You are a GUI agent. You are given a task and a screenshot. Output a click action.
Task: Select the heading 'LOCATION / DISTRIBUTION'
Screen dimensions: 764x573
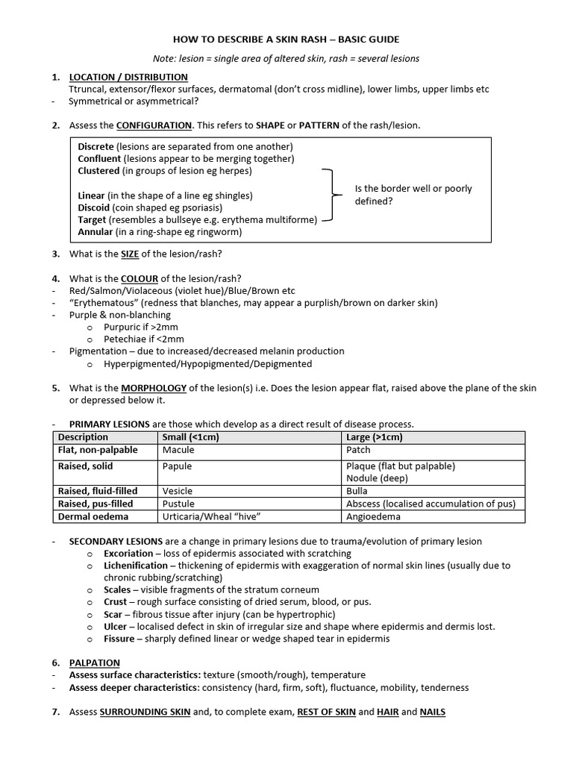tap(128, 77)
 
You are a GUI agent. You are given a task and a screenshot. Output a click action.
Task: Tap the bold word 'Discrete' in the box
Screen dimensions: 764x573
tap(96, 146)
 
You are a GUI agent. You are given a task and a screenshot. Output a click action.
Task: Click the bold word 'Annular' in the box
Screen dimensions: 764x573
tap(95, 231)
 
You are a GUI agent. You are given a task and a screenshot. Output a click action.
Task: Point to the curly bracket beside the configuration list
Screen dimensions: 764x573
tap(328, 195)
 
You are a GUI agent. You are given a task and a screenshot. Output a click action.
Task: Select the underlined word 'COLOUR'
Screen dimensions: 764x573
tap(140, 278)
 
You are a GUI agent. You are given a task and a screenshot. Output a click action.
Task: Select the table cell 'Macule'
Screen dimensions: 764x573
tap(178, 450)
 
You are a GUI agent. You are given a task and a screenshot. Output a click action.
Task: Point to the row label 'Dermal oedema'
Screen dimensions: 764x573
tap(93, 516)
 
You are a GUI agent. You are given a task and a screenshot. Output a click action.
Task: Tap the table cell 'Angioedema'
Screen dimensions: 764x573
tap(374, 516)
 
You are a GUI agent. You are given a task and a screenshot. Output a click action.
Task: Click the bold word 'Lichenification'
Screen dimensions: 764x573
tap(136, 566)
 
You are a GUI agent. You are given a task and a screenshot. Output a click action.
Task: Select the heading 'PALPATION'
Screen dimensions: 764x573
tap(95, 663)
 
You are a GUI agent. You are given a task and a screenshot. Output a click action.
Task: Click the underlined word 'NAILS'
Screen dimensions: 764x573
tap(432, 712)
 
